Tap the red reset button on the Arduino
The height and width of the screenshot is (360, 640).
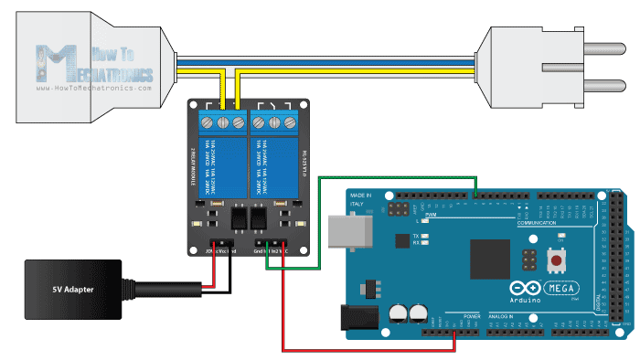click(555, 261)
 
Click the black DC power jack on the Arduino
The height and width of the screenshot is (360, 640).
click(359, 316)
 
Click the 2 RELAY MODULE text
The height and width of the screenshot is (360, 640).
click(195, 164)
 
